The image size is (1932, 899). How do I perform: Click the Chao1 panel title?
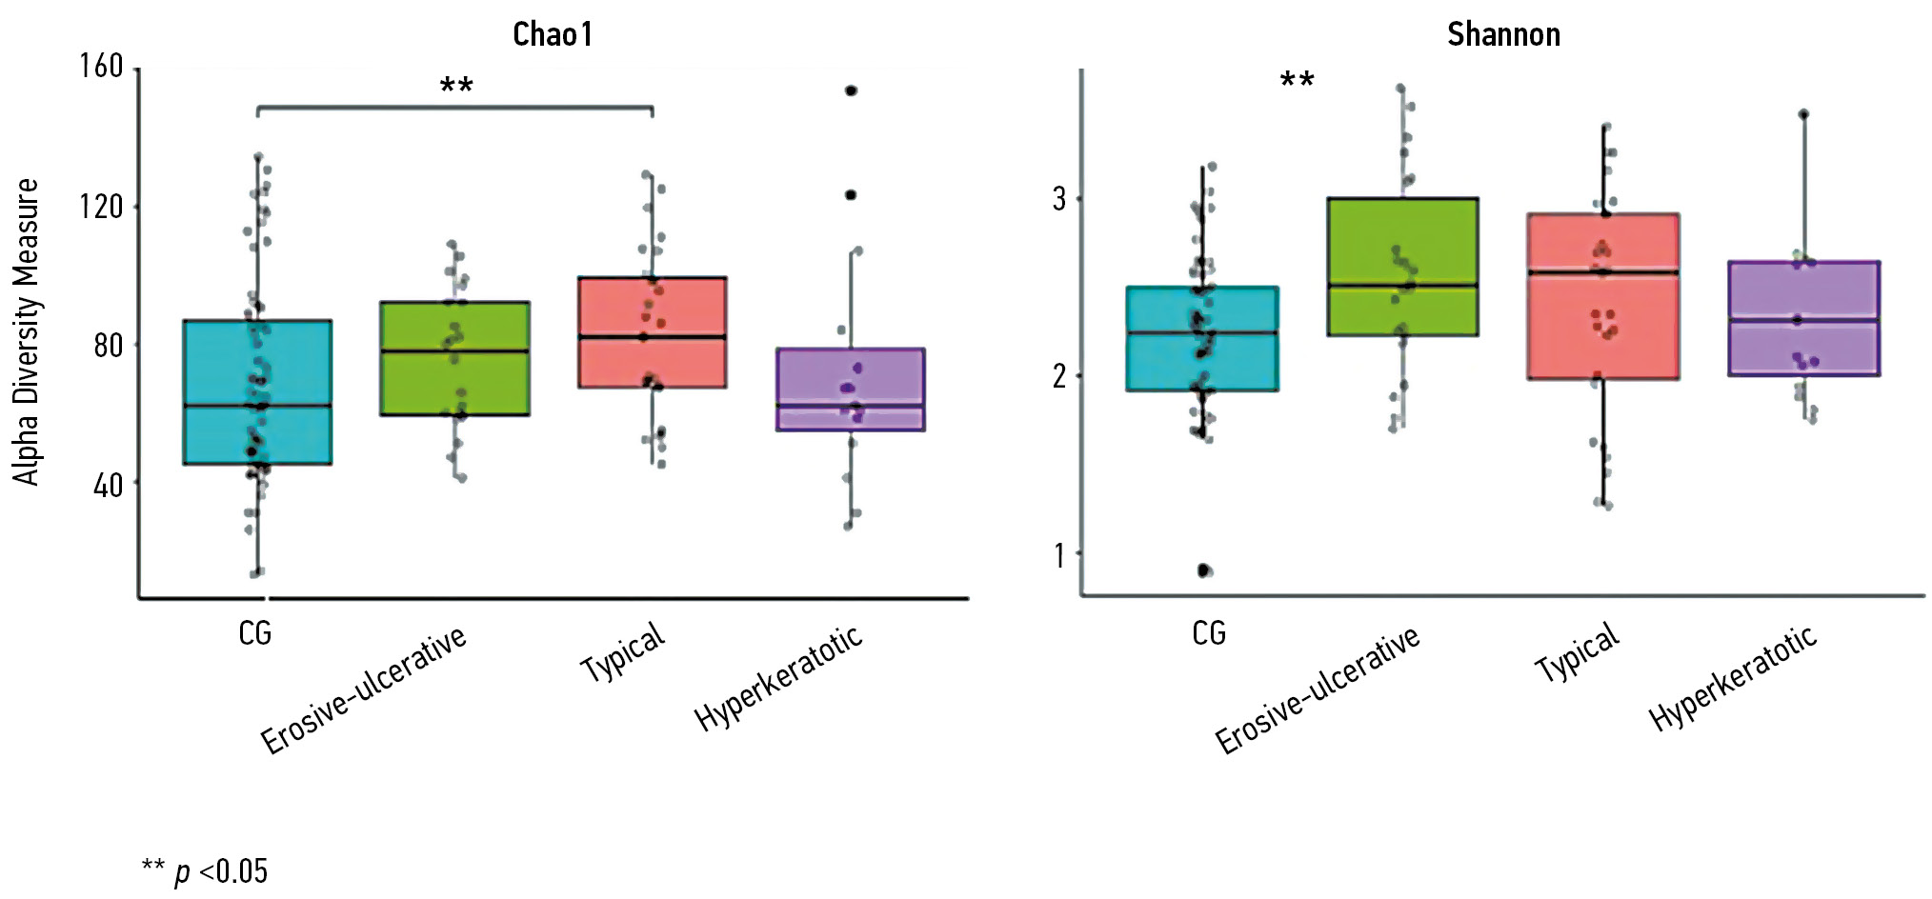(x=552, y=34)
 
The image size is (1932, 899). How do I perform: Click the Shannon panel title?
(x=1503, y=34)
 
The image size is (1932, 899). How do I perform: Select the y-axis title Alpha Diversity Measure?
(x=27, y=331)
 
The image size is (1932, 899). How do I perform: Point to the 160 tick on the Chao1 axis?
(x=101, y=67)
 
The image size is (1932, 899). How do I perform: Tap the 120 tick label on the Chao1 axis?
(x=101, y=206)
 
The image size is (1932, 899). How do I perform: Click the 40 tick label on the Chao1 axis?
(x=108, y=485)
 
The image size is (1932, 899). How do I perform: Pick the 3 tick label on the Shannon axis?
(x=1059, y=199)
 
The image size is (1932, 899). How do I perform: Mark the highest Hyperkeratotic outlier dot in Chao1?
(x=851, y=90)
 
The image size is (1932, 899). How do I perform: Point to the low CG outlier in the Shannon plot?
(x=1204, y=570)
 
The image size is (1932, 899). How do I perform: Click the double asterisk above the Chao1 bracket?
(x=456, y=87)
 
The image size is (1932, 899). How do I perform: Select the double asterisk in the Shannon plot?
(x=1297, y=80)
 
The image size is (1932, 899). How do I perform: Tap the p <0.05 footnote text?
(x=205, y=870)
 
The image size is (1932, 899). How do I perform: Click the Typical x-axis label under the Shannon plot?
(x=1577, y=653)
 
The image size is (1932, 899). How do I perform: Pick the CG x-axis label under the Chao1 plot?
(x=255, y=633)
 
